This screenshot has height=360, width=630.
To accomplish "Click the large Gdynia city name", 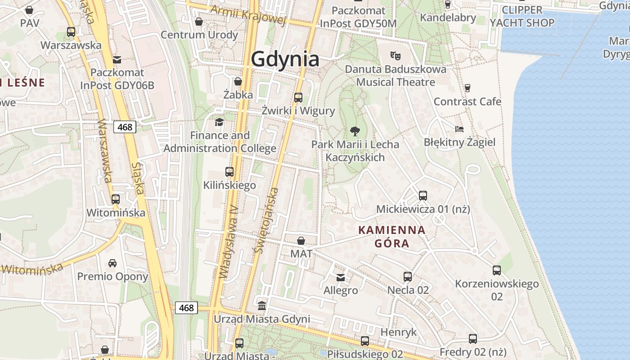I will pyautogui.click(x=285, y=59).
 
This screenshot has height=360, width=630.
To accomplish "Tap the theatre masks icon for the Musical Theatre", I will pyautogui.click(x=396, y=56).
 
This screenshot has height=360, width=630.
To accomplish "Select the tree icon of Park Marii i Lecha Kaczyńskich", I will pyautogui.click(x=355, y=131).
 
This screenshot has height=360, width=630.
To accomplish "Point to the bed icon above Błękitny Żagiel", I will pyautogui.click(x=459, y=129).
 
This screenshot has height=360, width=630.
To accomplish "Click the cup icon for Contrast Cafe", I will pyautogui.click(x=468, y=88).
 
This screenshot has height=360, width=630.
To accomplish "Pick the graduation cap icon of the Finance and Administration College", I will pyautogui.click(x=219, y=122).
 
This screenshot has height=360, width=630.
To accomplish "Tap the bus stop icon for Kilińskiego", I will pyautogui.click(x=229, y=171).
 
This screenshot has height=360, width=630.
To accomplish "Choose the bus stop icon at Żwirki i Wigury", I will pyautogui.click(x=298, y=97).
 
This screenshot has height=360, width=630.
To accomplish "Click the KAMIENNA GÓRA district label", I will pyautogui.click(x=392, y=237).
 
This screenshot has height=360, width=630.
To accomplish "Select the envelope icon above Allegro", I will pyautogui.click(x=341, y=277).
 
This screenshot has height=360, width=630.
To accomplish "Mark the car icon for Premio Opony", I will pyautogui.click(x=112, y=263).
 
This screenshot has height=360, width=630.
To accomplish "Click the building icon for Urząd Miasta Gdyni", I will pyautogui.click(x=261, y=306).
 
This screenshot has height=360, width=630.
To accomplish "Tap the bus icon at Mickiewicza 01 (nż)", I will pyautogui.click(x=423, y=195).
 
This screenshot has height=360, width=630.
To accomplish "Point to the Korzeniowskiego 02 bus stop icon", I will pyautogui.click(x=496, y=270).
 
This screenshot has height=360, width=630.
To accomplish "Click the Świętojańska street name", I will pyautogui.click(x=266, y=220).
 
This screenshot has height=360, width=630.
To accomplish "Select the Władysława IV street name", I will pyautogui.click(x=228, y=247).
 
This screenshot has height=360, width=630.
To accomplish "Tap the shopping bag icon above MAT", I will pyautogui.click(x=301, y=241).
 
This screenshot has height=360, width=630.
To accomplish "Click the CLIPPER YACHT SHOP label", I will pyautogui.click(x=522, y=16).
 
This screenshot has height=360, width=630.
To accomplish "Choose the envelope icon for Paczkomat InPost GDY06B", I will pyautogui.click(x=117, y=59).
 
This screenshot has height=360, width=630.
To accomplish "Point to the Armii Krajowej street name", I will pyautogui.click(x=248, y=14).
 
